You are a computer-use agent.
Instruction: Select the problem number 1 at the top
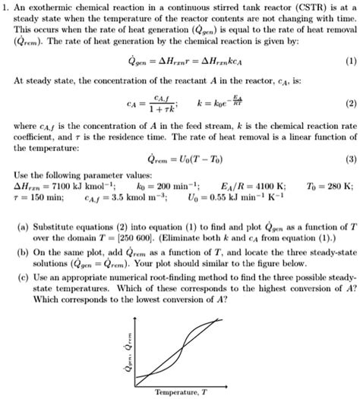[x=5, y=7]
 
